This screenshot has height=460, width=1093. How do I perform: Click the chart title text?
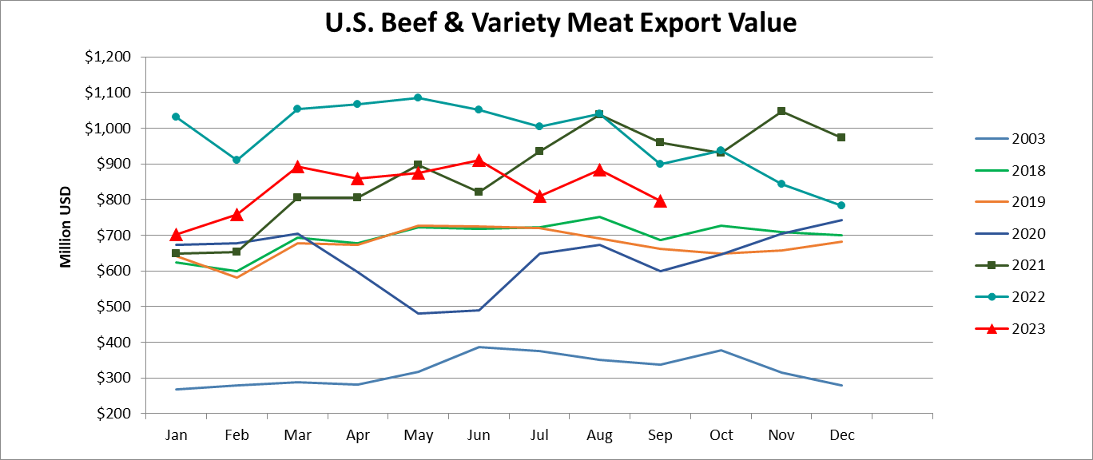pos(561,22)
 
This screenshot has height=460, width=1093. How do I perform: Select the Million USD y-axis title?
pos(66,227)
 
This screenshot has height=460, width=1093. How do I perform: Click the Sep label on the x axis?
pos(660,435)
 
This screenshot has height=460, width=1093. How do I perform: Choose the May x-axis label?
pos(418,435)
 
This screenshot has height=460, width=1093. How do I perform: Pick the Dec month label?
pos(841,435)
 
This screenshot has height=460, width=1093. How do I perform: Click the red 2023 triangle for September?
pos(660,202)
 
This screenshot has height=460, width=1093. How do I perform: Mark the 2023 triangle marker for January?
pos(177,235)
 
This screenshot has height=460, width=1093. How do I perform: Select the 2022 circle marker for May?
pos(418,97)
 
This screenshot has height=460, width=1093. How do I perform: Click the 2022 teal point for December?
pos(841,205)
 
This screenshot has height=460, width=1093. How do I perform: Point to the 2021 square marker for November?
pos(781,111)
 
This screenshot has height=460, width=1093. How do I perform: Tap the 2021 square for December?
pos(841,137)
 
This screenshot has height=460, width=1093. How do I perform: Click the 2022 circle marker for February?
pos(236,160)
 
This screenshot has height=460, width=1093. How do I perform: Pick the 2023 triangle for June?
pos(479,161)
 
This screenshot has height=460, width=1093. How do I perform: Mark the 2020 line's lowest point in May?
pos(418,313)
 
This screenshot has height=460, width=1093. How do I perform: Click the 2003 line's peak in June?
pos(479,347)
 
